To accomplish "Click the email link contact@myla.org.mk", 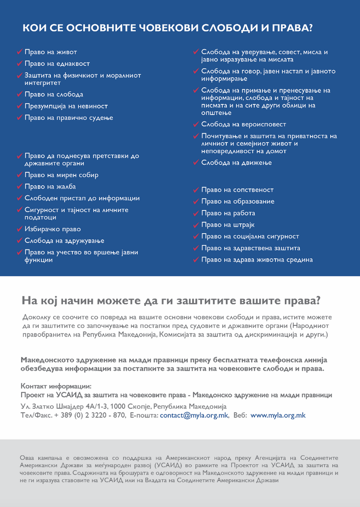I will tap(194, 415).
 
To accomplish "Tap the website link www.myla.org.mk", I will tap(278, 415).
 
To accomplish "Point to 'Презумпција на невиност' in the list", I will tap(66, 106).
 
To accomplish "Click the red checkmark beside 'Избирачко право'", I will tap(19, 229).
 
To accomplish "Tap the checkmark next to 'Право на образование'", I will tap(196, 201).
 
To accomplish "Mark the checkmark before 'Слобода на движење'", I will tap(196, 162).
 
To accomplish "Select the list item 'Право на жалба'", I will tap(50, 186).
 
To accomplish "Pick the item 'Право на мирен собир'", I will tap(61, 175).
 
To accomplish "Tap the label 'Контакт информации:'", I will tap(56, 386).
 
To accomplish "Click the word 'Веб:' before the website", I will tap(240, 415).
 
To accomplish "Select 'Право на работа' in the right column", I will tap(228, 213).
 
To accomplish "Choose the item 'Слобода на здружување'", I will tap(64, 241).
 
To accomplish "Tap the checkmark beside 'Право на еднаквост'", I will tap(19, 64).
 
